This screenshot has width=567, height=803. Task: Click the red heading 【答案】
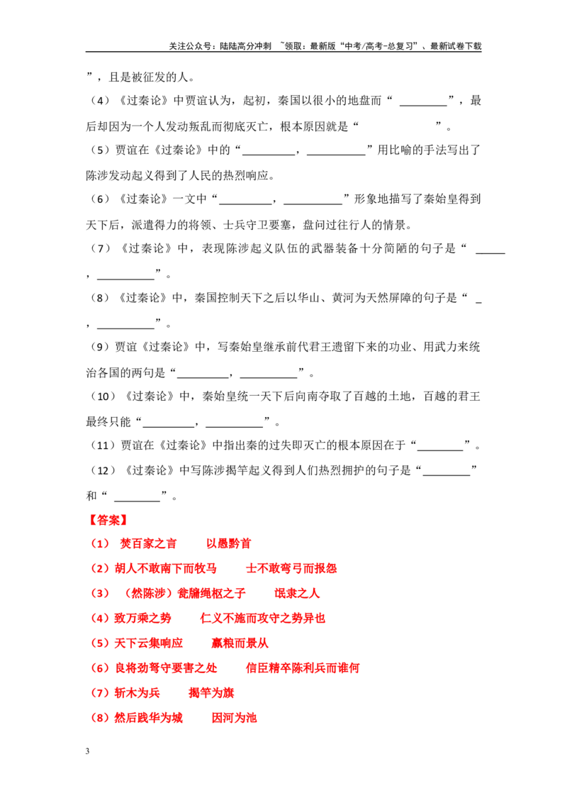click(108, 520)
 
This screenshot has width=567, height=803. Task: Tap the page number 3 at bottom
click(87, 751)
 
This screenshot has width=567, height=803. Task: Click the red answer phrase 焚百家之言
click(148, 544)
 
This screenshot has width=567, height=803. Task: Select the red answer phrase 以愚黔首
click(229, 544)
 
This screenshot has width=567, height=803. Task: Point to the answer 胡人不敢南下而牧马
click(166, 568)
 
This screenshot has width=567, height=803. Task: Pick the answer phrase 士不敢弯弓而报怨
click(291, 568)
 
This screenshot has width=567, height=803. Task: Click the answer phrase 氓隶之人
click(297, 594)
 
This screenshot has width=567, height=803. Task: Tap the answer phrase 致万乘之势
click(142, 618)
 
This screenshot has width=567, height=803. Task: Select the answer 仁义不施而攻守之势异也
click(262, 618)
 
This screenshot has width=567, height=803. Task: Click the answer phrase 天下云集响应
click(148, 643)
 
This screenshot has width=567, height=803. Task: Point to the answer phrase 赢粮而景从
click(240, 643)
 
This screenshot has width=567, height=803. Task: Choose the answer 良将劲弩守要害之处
click(166, 668)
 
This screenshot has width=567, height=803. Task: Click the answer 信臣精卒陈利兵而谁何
click(303, 668)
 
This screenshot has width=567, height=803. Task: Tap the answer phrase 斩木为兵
click(137, 693)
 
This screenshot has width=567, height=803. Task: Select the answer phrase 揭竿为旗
click(211, 693)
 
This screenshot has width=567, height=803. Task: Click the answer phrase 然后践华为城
click(148, 717)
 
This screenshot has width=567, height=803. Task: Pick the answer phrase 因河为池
click(235, 717)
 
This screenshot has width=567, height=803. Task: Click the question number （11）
click(103, 445)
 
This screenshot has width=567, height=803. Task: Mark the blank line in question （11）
click(440, 450)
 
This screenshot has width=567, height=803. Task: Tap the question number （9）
click(100, 347)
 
